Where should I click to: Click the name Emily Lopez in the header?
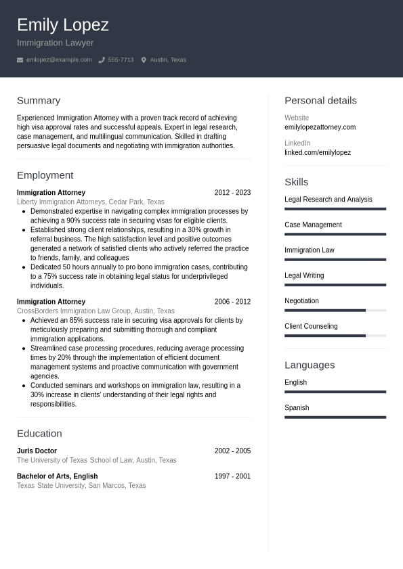click(x=62, y=25)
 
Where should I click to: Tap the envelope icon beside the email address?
click(x=20, y=60)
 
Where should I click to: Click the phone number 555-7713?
click(x=121, y=60)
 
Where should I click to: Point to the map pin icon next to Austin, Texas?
click(x=144, y=60)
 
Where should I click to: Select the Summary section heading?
click(x=39, y=100)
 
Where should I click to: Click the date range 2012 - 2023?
click(x=232, y=193)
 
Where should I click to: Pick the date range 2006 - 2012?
click(x=232, y=302)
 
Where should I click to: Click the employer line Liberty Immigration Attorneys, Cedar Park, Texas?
click(x=90, y=202)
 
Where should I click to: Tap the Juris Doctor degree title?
click(x=37, y=451)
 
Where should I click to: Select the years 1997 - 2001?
click(x=232, y=476)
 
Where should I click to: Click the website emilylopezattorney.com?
click(x=320, y=127)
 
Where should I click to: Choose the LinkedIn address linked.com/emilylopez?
click(x=318, y=153)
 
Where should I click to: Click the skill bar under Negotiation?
click(x=335, y=311)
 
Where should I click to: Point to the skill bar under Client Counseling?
click(x=335, y=336)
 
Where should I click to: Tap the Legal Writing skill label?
click(x=304, y=275)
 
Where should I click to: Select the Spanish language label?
click(x=297, y=408)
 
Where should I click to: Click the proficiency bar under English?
click(x=335, y=392)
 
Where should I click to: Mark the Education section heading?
click(x=39, y=433)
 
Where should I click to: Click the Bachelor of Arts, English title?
click(x=57, y=476)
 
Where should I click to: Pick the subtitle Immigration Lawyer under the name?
click(x=55, y=43)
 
